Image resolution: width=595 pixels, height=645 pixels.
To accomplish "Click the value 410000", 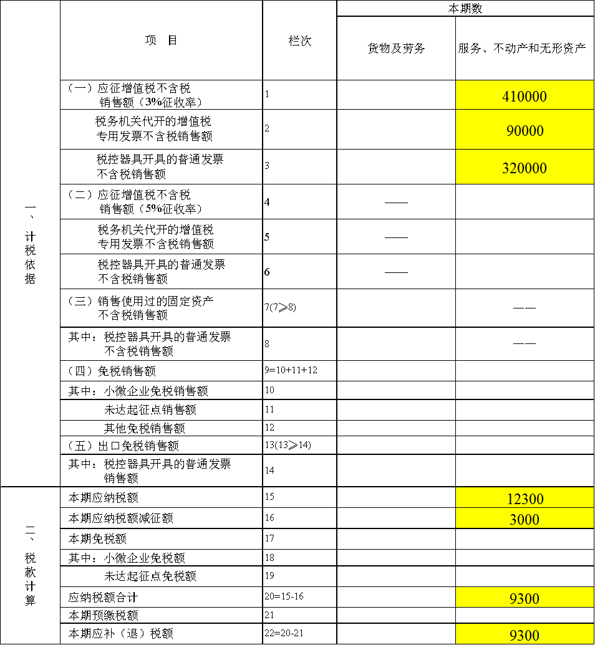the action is (x=524, y=97).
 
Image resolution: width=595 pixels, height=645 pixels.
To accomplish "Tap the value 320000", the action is (x=524, y=168).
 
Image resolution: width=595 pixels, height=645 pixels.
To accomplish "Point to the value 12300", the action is (x=525, y=499).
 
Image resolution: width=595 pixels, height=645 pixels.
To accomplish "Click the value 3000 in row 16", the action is (x=524, y=520).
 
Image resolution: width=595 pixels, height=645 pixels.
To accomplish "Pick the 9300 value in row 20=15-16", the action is (x=524, y=598).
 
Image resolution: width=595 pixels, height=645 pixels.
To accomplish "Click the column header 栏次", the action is (x=300, y=41).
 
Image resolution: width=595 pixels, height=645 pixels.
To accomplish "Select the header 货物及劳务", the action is (x=396, y=49).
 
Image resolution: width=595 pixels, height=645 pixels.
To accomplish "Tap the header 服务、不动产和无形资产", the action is (x=521, y=49).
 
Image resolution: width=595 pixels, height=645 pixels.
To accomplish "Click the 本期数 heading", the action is (x=465, y=9).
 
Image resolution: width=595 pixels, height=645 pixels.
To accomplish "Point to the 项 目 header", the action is (x=161, y=41).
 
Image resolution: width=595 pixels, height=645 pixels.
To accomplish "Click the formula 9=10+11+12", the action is (x=291, y=370).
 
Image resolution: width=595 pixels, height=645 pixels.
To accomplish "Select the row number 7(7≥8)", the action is (x=281, y=307).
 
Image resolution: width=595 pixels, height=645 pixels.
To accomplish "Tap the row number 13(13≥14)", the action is (x=288, y=445).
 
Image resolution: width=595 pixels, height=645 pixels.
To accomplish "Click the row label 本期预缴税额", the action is (x=104, y=615).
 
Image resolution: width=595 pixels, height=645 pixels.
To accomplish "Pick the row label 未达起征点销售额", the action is (x=150, y=409).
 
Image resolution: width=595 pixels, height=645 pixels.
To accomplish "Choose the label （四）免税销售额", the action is (x=112, y=371).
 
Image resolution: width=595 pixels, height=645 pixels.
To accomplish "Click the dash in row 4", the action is (x=396, y=203).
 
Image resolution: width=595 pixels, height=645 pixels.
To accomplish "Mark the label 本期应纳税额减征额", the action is (x=120, y=518).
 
